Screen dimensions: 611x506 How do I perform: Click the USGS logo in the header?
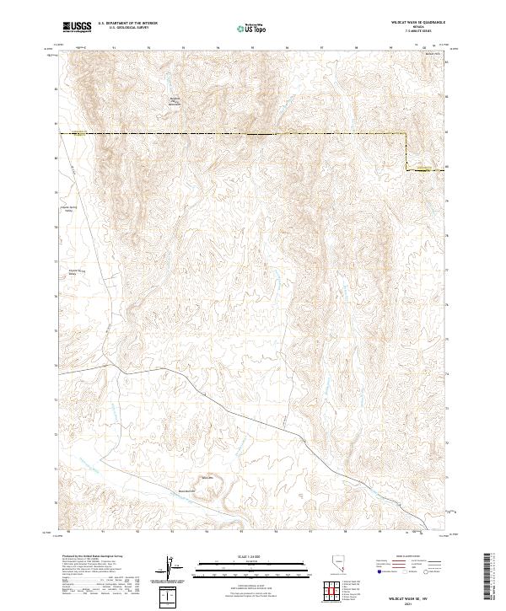tap(76, 26)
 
